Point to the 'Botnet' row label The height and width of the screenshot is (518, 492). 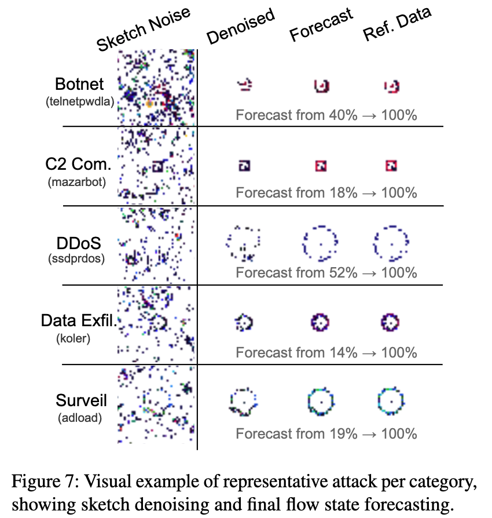(80, 83)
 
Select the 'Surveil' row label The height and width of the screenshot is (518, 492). (79, 400)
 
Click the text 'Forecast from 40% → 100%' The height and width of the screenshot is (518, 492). (326, 115)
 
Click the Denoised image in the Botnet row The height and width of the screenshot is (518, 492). (245, 86)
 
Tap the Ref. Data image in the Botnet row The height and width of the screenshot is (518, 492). (392, 86)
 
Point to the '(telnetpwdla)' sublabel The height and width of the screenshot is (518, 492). (80, 101)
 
